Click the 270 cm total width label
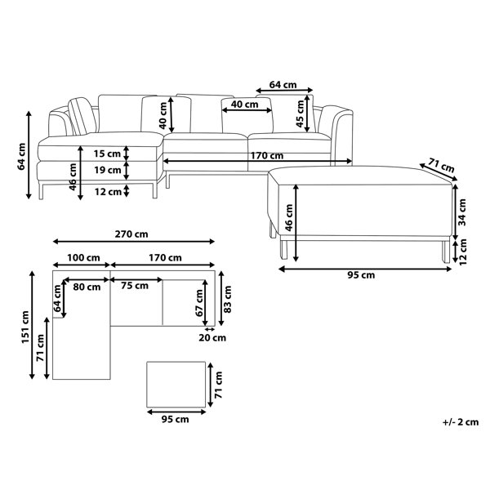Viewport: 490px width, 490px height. [131, 234]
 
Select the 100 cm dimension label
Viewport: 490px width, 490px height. [83, 258]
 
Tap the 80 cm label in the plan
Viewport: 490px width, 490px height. [87, 287]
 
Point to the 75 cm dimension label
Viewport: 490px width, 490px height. [135, 286]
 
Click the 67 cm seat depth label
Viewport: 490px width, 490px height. [199, 302]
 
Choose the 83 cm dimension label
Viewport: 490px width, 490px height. [228, 299]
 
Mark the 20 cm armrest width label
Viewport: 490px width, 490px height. [212, 338]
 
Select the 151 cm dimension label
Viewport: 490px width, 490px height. [25, 327]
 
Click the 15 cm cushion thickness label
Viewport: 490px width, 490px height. [107, 154]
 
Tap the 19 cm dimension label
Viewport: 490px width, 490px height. [108, 170]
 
